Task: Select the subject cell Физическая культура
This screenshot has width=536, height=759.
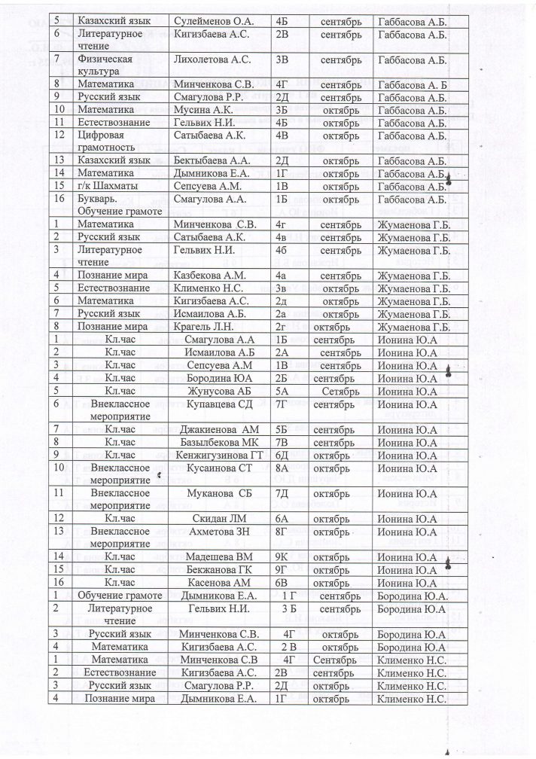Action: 105,65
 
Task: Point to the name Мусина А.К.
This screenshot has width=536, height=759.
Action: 203,110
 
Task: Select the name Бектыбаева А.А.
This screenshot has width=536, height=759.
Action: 212,160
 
